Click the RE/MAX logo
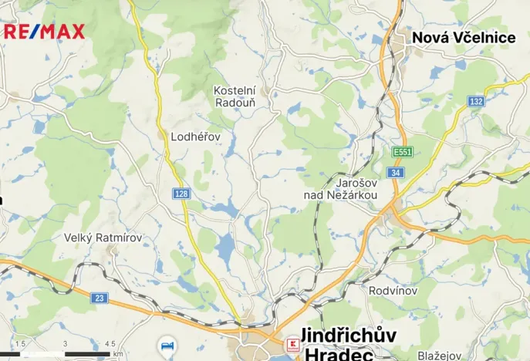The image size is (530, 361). (x=44, y=32)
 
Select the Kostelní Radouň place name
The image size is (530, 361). (x=235, y=96)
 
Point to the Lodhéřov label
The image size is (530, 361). (x=195, y=137)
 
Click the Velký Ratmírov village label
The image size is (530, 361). (x=103, y=238)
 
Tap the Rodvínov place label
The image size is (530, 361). (x=393, y=291)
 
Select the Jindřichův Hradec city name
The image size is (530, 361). (x=348, y=344)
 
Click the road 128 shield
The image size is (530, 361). (x=182, y=194)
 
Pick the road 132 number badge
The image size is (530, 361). (x=476, y=102)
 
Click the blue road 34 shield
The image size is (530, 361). (x=396, y=174)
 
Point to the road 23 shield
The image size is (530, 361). (x=100, y=298)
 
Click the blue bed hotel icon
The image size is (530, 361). (x=167, y=342)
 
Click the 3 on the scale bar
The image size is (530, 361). (x=65, y=344)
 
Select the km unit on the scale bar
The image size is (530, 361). (x=118, y=354)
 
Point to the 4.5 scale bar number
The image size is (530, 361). (x=110, y=344)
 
